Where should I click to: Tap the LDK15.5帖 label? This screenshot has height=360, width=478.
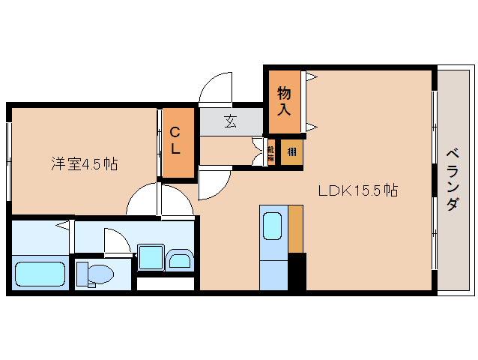click(x=357, y=190)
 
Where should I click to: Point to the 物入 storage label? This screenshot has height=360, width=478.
click(x=284, y=100)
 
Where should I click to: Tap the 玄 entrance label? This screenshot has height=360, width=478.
click(x=231, y=121)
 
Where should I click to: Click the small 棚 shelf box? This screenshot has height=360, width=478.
click(x=291, y=151)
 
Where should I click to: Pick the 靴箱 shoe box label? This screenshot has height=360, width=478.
click(x=270, y=152)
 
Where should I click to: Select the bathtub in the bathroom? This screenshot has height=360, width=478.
click(x=41, y=274)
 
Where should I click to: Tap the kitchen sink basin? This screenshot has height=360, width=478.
click(x=273, y=226)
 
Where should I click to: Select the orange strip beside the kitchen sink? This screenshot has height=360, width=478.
click(x=295, y=228)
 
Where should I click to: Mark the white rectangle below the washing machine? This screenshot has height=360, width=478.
click(x=166, y=283)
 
